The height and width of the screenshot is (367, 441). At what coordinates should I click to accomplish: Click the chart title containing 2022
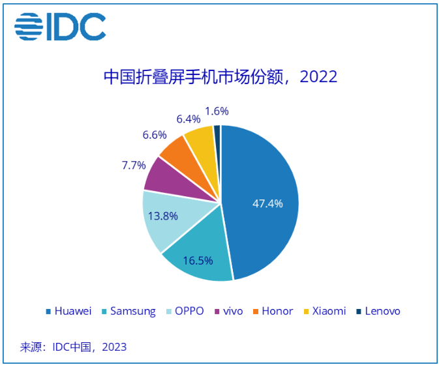coord(220,77)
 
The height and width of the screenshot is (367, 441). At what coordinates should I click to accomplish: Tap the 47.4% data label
coord(267,203)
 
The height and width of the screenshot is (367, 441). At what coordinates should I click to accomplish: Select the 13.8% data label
coord(163,216)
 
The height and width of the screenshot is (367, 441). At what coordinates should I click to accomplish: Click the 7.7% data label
coord(133,165)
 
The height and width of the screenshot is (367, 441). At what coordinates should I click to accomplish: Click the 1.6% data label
coord(217,111)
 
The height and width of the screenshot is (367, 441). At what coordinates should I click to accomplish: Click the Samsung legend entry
coord(129,311)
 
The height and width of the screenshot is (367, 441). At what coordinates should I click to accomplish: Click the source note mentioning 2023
coord(73,346)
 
